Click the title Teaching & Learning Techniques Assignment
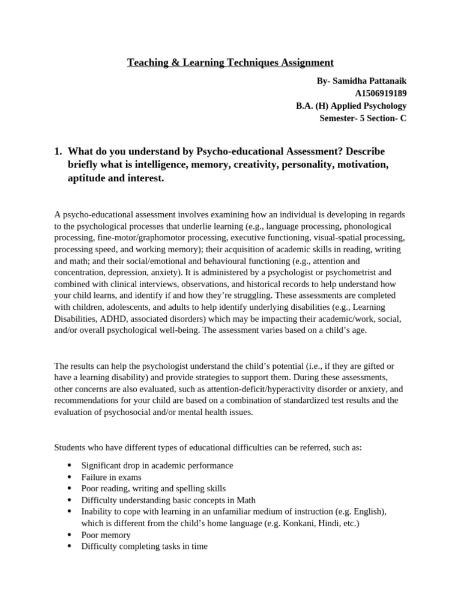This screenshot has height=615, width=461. tap(230, 62)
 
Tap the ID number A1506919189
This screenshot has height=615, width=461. tap(381, 93)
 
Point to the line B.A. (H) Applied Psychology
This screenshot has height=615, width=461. tap(351, 106)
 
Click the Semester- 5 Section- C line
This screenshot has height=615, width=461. tap(363, 118)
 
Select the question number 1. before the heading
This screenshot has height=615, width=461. tap(59, 150)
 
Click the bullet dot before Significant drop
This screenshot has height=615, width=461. tap(70, 465)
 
